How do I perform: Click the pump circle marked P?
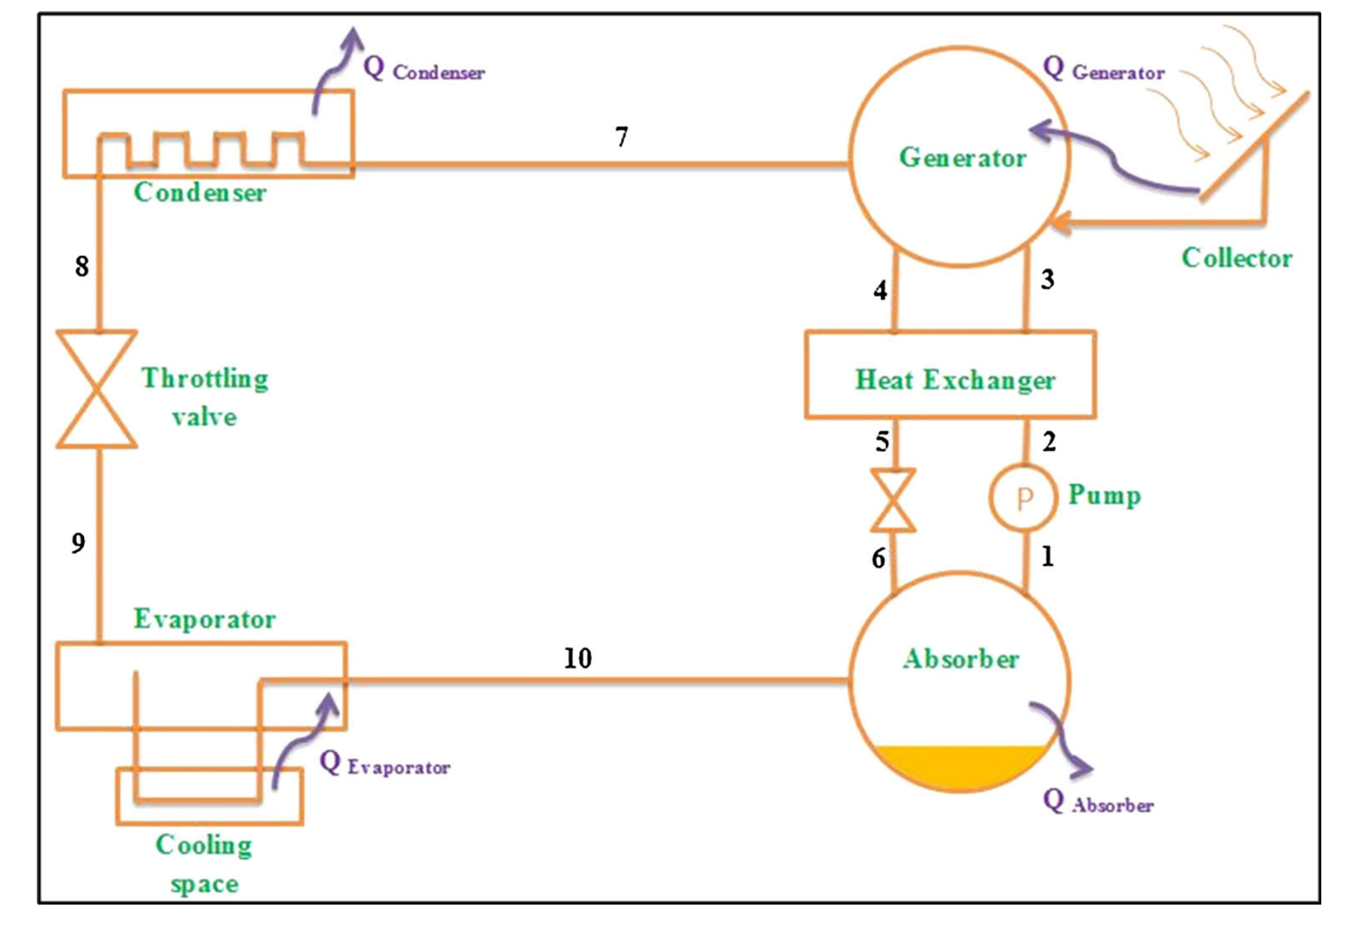click(1022, 498)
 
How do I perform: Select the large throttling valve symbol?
click(97, 389)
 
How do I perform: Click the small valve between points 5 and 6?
click(893, 500)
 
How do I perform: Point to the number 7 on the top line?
click(621, 137)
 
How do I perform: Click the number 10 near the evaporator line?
click(578, 658)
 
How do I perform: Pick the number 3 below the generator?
click(1047, 279)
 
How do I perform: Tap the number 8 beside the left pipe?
click(82, 266)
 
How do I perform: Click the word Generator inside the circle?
click(963, 157)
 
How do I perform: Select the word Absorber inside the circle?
click(961, 659)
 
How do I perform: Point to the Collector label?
click(1237, 258)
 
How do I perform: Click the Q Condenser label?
click(424, 69)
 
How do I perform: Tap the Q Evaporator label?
click(384, 764)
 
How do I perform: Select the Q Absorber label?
click(1098, 802)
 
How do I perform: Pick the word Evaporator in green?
click(204, 619)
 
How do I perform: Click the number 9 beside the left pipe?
click(79, 543)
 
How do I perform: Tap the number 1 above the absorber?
click(1047, 557)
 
